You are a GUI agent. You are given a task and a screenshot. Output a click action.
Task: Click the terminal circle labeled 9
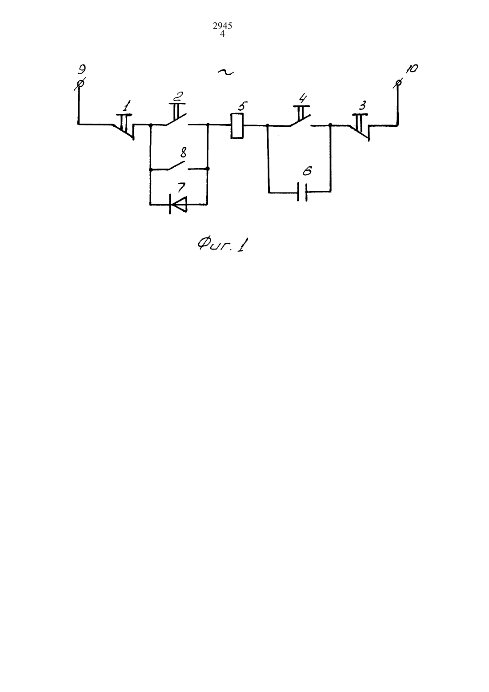click(x=80, y=84)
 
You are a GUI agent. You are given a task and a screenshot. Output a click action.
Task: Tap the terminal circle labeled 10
click(x=399, y=82)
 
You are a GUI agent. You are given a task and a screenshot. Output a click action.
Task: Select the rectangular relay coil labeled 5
click(x=237, y=126)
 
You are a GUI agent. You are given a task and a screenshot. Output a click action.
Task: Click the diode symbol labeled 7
click(x=178, y=204)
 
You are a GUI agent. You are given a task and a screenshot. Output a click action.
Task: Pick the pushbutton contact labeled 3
click(x=360, y=127)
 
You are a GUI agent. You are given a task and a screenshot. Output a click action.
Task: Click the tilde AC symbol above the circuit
click(x=225, y=72)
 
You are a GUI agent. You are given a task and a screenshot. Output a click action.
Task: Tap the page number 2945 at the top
click(x=222, y=26)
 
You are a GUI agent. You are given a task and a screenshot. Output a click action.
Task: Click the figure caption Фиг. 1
click(x=223, y=245)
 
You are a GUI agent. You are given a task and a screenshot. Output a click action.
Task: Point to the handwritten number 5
click(x=242, y=106)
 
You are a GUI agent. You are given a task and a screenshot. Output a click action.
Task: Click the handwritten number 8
click(x=183, y=153)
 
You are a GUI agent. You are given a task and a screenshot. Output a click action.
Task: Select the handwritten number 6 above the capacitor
click(x=307, y=171)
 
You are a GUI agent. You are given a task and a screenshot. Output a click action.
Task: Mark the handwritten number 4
click(x=303, y=99)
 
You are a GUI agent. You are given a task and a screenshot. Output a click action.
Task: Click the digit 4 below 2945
click(x=222, y=34)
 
